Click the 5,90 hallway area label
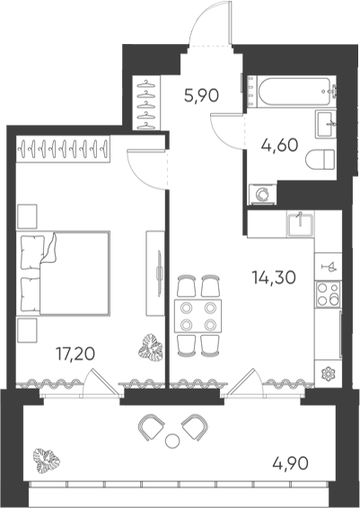[x=201, y=95]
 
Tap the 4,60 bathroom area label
[x=279, y=145]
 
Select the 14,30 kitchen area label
[x=274, y=277]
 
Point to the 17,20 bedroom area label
[x=75, y=354]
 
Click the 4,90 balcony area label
[x=290, y=463]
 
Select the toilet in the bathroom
[x=320, y=159]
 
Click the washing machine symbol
[x=262, y=195]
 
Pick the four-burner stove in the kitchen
[x=328, y=294]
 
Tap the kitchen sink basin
[x=300, y=224]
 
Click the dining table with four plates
[x=198, y=316]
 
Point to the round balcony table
[x=172, y=441]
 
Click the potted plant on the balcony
[x=47, y=460]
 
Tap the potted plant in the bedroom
[x=151, y=348]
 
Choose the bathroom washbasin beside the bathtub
[x=325, y=124]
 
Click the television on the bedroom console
[x=159, y=274]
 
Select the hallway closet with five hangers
[x=146, y=102]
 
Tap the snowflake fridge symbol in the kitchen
[x=328, y=373]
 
